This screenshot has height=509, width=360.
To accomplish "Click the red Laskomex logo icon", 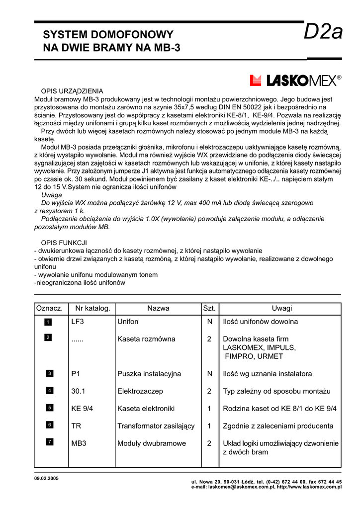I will pos(256,81).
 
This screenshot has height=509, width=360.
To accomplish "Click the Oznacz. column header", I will pos(49,309).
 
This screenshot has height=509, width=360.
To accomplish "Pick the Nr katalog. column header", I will pos(92,309).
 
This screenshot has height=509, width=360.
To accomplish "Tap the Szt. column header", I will pos(209,309).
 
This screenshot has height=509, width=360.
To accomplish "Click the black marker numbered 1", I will pos(48,322).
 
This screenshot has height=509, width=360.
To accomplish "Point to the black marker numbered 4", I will pos(50,391).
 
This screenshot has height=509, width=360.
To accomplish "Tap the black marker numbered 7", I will pos(50,442).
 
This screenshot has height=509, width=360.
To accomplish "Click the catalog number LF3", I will pos(78,322).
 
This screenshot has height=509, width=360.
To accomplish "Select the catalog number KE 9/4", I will pos(83,409).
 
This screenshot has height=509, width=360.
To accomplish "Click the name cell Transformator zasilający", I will pos(156,426).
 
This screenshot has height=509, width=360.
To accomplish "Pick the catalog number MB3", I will pos(79,443).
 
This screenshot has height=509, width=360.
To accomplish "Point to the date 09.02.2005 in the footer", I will pos(46,478).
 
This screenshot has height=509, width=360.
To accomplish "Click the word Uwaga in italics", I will pos(52,195).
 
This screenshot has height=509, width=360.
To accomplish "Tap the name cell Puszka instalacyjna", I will pos(149,374).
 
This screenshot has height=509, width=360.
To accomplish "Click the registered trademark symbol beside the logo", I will pos(339,78).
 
